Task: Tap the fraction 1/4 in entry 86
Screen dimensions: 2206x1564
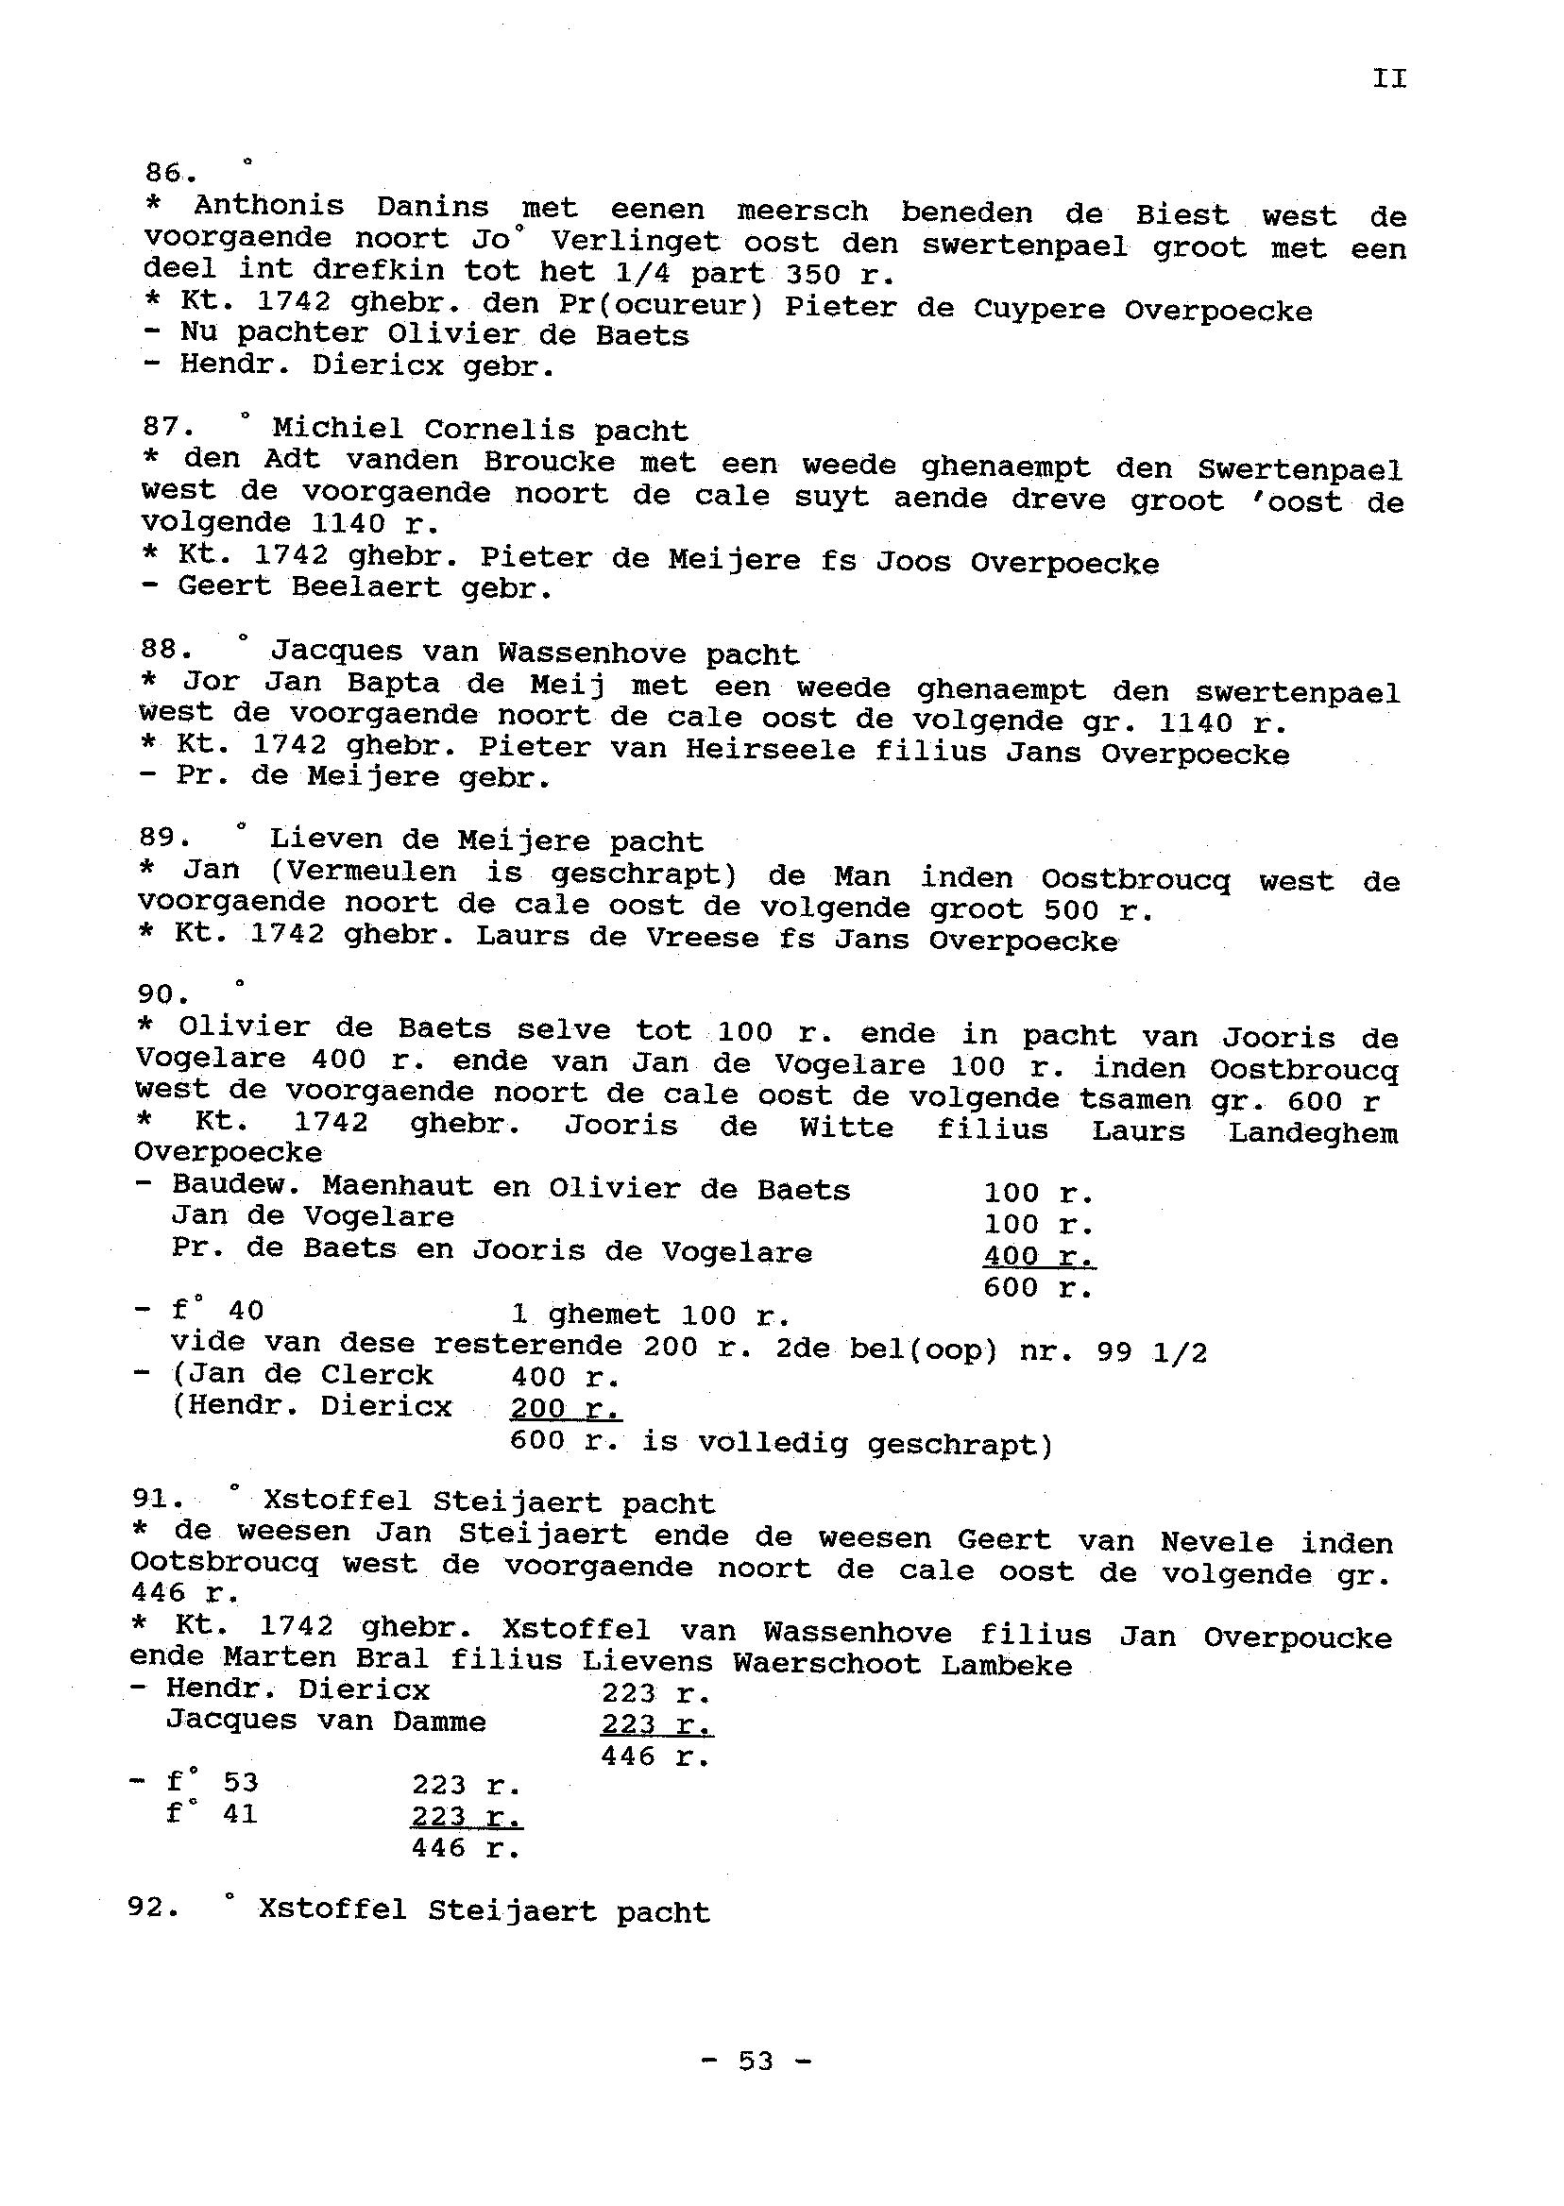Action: pos(636,273)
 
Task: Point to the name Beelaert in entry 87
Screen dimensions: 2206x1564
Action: pos(367,586)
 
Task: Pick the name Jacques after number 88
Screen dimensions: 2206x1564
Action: pos(336,651)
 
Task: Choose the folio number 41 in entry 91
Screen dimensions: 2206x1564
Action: pos(239,1814)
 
